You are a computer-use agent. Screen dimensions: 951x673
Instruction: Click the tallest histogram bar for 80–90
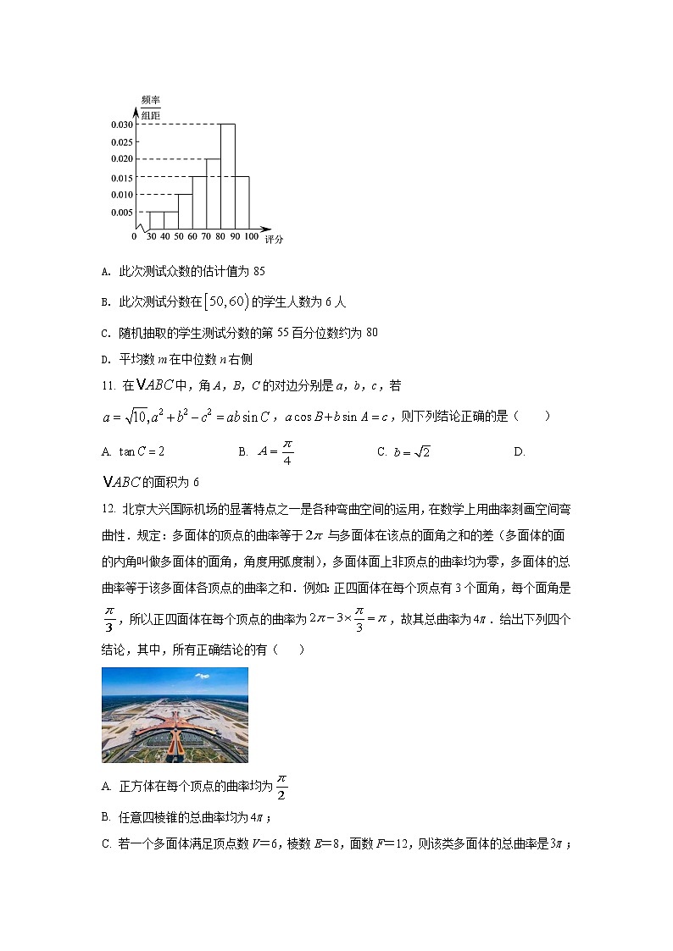coord(227,176)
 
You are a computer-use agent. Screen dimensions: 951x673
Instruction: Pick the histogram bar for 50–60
coord(184,212)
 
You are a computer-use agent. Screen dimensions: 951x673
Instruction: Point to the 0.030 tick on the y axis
coord(121,124)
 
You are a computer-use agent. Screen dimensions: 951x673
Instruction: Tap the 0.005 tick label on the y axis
coord(121,212)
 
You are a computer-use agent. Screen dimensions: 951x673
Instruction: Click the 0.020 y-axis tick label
coord(121,159)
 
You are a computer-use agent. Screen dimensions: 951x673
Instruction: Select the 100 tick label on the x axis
coord(251,237)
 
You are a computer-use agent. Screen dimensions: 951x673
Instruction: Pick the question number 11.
coord(108,386)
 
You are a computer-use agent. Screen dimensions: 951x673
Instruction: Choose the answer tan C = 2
coord(142,451)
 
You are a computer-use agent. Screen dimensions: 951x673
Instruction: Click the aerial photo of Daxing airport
coord(175,715)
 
